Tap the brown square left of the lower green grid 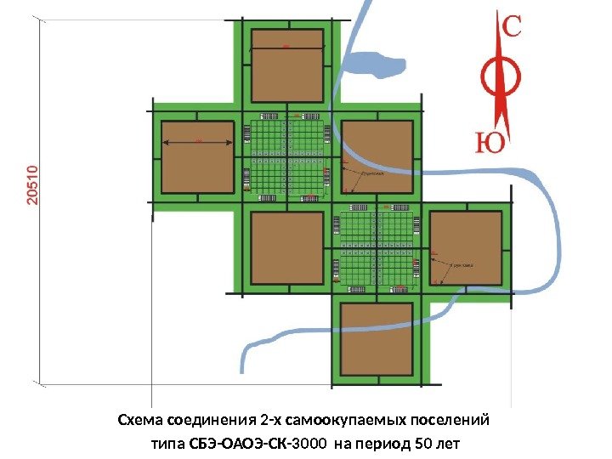tap(287, 247)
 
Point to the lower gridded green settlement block tap(377, 247)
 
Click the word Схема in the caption tap(140, 421)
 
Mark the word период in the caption tap(383, 444)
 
